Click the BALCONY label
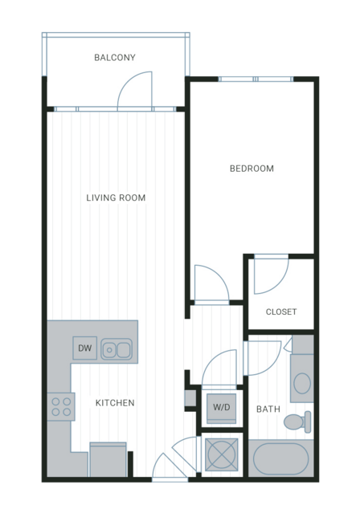[115, 58]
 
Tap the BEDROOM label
[252, 169]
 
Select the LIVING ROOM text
[116, 197]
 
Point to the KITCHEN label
[115, 403]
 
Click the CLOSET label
[281, 311]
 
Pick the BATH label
[268, 409]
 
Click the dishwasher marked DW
[85, 348]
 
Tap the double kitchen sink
[117, 349]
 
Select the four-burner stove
[61, 407]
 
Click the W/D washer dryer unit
[222, 407]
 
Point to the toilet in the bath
[297, 421]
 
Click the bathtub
[281, 458]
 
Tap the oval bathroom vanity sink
[302, 383]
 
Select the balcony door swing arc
[128, 81]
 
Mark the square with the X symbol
[222, 455]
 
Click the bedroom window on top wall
[256, 79]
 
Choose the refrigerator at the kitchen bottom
[108, 459]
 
